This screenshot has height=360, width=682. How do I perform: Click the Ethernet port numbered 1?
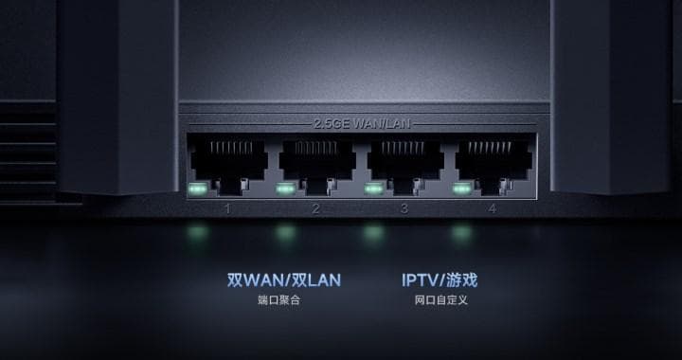pos(227,163)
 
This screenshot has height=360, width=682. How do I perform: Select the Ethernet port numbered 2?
pos(316,163)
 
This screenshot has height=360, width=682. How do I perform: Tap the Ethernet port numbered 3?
pos(404,163)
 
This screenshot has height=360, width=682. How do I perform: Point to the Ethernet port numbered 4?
pos(493,163)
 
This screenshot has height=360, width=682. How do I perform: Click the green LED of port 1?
pos(198,187)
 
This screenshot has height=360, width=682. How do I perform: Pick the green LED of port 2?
pos(286,187)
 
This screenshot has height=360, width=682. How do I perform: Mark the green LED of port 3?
pos(374,187)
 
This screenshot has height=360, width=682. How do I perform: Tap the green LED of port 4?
pos(462,187)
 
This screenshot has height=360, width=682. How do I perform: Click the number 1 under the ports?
pos(227,208)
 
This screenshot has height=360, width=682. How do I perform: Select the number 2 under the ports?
pos(316,208)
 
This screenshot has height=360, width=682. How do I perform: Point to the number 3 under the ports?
pos(404,208)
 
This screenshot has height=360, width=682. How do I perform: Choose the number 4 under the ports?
pos(493,208)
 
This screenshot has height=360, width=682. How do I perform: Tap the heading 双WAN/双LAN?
pos(283,280)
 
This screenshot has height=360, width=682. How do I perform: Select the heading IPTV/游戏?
pos(440,280)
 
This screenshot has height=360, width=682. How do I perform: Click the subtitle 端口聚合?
pos(283,301)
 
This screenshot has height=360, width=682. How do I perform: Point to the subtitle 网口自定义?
pos(440,301)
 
